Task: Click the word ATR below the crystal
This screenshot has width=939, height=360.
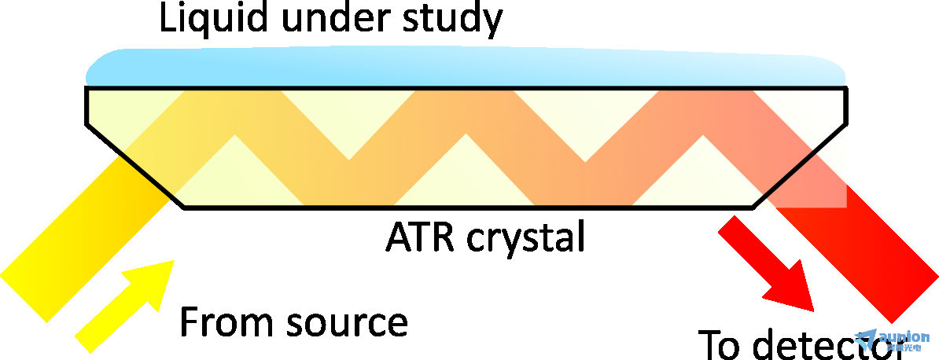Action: click(x=414, y=236)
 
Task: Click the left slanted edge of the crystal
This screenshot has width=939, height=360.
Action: click(x=134, y=165)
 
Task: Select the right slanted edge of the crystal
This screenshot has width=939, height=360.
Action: click(x=801, y=165)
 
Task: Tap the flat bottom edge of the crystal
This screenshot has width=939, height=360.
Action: click(x=468, y=208)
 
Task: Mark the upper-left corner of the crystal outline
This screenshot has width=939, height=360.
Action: click(x=86, y=88)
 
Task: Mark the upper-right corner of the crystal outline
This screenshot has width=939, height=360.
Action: click(x=847, y=88)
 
